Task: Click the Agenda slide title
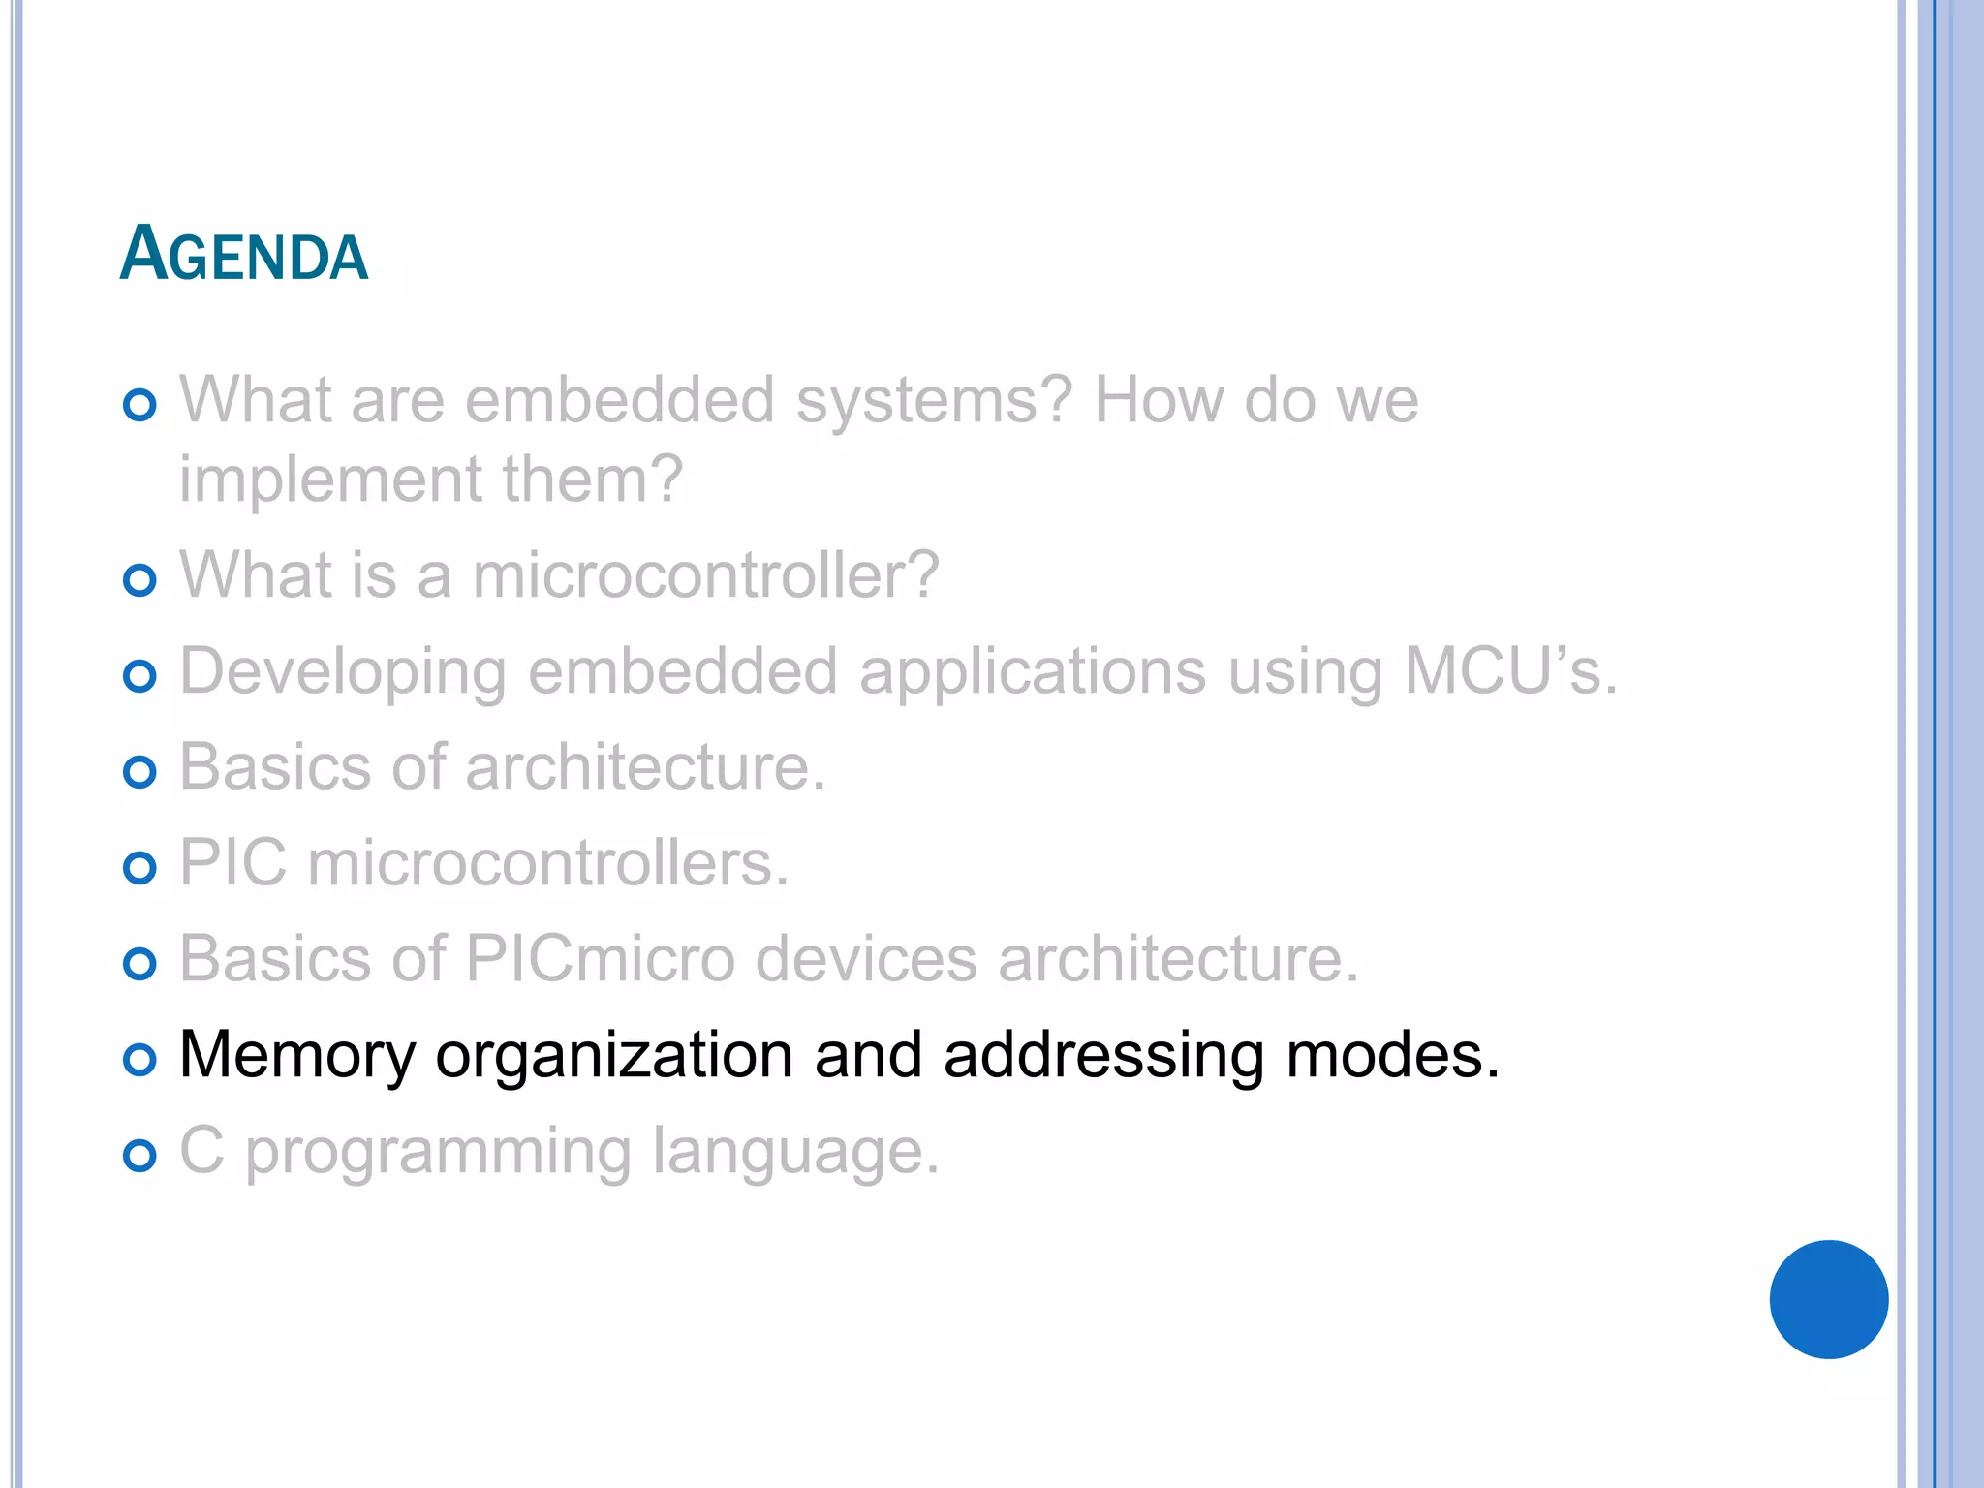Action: pos(244,254)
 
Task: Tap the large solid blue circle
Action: pos(1828,1299)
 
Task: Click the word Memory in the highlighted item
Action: pos(297,1055)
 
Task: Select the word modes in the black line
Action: pos(1392,1055)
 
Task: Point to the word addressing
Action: pos(1103,1055)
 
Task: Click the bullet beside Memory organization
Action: pos(140,1060)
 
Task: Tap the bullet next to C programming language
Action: pos(140,1156)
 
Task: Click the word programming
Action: pos(438,1153)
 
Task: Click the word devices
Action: pos(866,959)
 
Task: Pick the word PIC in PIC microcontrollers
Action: pos(233,863)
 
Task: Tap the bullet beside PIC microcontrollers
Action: pos(140,868)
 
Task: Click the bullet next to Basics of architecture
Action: pos(140,772)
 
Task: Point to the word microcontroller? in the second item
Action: pos(706,575)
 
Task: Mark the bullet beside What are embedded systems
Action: pos(140,405)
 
